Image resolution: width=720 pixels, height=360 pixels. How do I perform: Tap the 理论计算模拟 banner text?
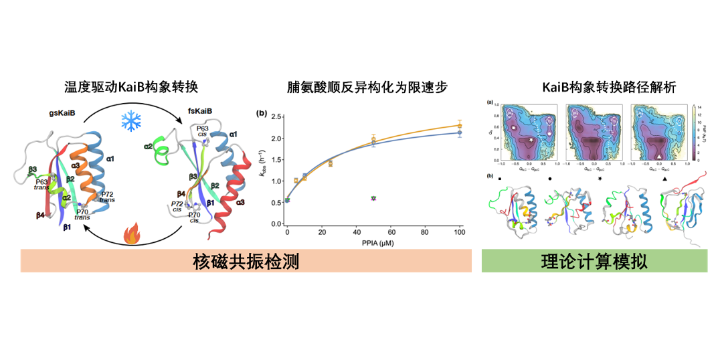594,261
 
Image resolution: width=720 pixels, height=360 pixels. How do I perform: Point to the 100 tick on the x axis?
459,232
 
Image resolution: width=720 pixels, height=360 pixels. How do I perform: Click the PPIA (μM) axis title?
373,242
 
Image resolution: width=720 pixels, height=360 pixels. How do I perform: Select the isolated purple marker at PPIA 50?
373,198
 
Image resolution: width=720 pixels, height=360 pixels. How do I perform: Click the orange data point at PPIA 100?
459,125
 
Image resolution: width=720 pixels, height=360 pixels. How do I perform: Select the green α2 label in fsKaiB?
149,147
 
